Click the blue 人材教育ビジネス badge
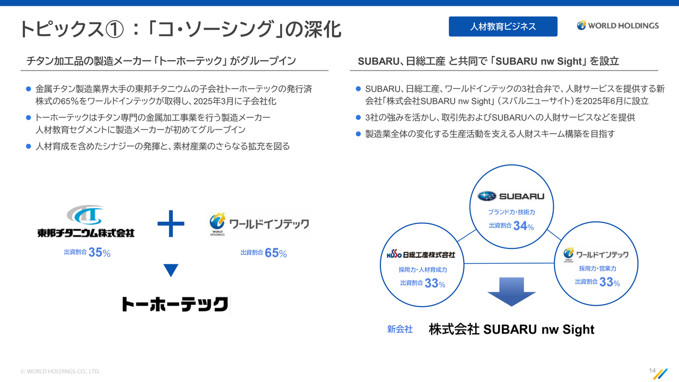(503, 27)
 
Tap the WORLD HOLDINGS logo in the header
(617, 25)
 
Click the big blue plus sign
(171, 223)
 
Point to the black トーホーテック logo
(175, 304)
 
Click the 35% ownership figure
(99, 252)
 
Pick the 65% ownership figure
(276, 253)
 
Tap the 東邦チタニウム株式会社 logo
(86, 221)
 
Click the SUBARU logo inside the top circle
(511, 196)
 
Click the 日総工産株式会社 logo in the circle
(421, 255)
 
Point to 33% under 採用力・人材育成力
(435, 283)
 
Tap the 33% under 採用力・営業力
(610, 282)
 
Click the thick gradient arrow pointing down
(511, 291)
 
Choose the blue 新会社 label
(400, 329)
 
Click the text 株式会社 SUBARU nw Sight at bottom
(512, 329)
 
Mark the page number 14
(652, 370)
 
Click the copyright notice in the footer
(60, 371)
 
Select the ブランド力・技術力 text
(511, 212)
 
